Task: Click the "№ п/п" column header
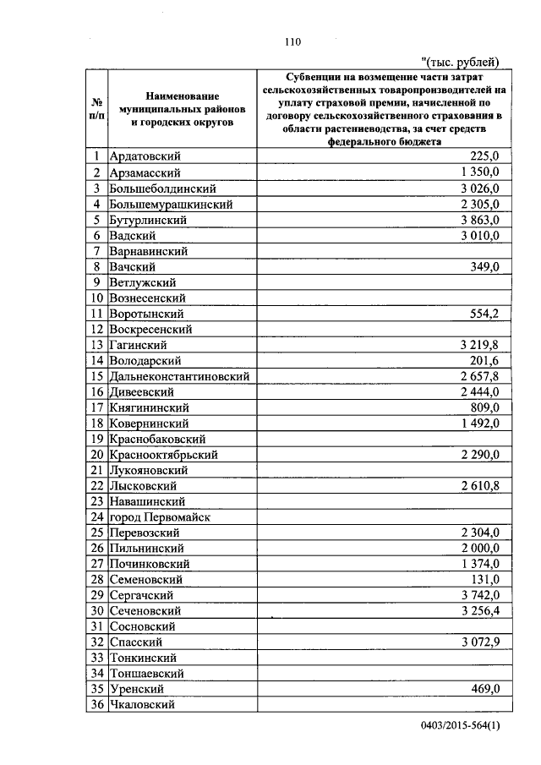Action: click(97, 109)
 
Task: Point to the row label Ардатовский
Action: click(145, 156)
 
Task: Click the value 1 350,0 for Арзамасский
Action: click(480, 172)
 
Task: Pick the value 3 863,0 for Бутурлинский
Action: click(480, 219)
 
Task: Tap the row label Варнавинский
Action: click(149, 251)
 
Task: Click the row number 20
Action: click(97, 454)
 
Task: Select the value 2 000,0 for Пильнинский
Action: click(480, 548)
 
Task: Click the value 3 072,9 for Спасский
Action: click(480, 642)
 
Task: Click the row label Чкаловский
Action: click(142, 704)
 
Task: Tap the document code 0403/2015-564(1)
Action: click(460, 739)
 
